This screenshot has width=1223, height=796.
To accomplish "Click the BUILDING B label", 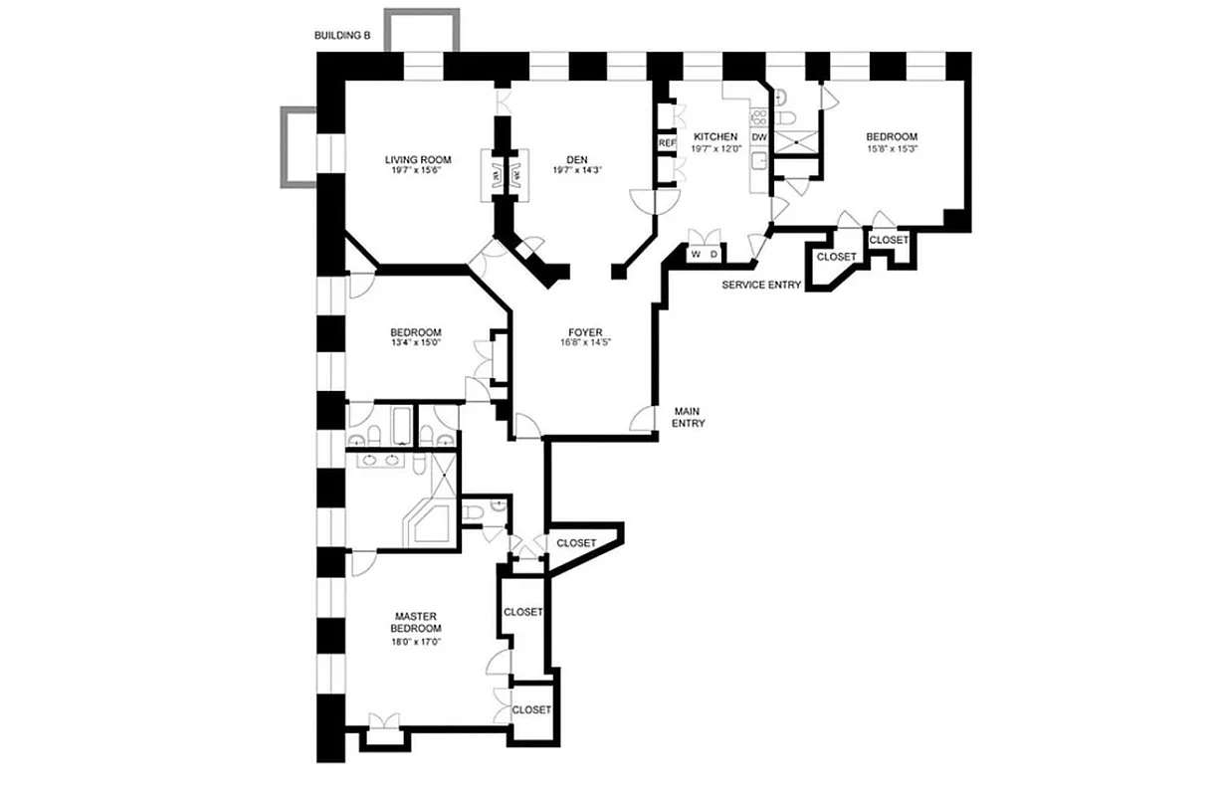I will click(x=342, y=36).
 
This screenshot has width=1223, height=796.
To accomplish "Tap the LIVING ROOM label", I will click(x=418, y=159).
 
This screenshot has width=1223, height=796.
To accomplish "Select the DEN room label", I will click(x=577, y=159).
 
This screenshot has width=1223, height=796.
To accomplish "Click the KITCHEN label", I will click(x=715, y=136).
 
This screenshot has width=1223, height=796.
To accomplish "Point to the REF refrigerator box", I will click(x=666, y=143).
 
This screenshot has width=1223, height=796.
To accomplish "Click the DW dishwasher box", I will click(x=759, y=137).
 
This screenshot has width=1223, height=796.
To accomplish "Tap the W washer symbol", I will click(x=696, y=255).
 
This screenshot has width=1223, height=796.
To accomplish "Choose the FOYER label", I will click(x=586, y=332).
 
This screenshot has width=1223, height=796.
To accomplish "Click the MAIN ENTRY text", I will click(x=690, y=417).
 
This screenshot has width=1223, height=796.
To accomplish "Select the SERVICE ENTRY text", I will click(x=761, y=286).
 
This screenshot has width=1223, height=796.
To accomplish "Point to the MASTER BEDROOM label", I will click(x=417, y=622).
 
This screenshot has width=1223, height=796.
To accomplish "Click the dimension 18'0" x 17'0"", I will click(x=417, y=643).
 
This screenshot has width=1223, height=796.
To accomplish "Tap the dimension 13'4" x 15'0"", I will click(x=415, y=345).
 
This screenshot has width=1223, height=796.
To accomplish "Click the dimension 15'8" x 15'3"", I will click(x=891, y=149).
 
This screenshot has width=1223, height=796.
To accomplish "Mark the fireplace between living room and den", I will click(x=505, y=175).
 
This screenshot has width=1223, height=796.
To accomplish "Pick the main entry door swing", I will click(x=643, y=420).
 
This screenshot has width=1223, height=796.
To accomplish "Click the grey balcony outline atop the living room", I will click(x=422, y=30).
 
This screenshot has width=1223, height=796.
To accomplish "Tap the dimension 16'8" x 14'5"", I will click(x=586, y=345).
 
